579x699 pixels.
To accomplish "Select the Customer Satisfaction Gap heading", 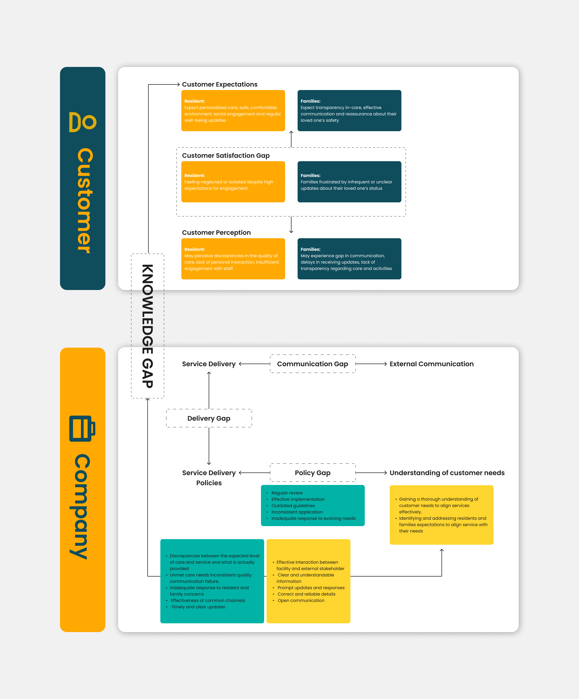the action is pos(226,155).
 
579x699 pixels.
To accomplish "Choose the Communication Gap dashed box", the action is pos(312,364).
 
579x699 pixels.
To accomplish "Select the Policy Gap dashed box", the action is pos(312,473).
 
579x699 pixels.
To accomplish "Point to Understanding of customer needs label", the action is pos(447,473).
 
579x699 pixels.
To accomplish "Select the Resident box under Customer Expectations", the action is pos(233,110).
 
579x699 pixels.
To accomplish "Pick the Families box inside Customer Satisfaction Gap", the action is pos(349,182).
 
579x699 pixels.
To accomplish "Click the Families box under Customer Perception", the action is pos(349,259).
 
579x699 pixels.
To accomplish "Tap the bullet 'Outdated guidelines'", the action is pos(293,506).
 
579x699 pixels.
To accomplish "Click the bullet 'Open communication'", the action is pos(301,600).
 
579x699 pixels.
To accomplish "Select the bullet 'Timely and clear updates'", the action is pos(198,607).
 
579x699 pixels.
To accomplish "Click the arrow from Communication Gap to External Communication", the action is pos(371,364).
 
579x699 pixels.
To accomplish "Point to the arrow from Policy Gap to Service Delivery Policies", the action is pos(255,473).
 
